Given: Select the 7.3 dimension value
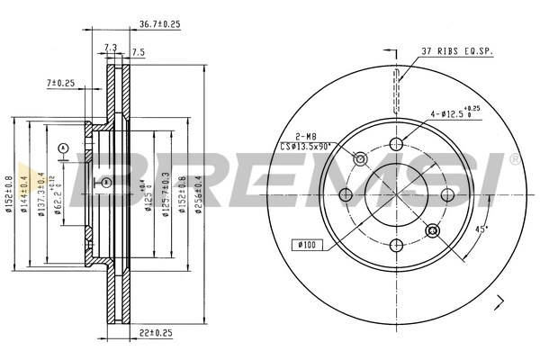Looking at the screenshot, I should [112, 47].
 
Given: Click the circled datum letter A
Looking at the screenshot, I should [63, 147].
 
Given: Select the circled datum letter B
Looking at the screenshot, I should [105, 184].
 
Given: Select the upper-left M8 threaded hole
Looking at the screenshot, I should [361, 158].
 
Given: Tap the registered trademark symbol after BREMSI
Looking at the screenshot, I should [514, 159].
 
